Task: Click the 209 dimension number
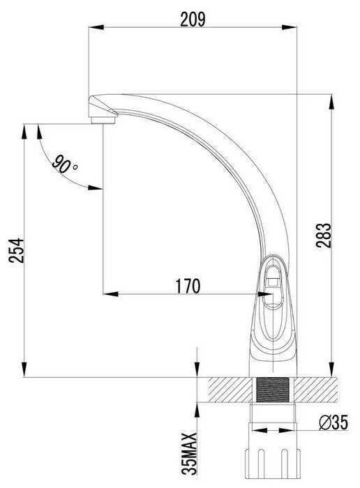click(193, 20)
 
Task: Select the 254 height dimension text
click(16, 250)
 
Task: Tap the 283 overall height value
click(323, 235)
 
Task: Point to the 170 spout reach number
click(188, 286)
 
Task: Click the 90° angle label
click(64, 165)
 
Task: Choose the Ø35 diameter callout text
click(333, 422)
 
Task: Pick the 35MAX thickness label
click(189, 454)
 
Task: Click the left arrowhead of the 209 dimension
click(96, 27)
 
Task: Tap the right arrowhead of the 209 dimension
click(290, 27)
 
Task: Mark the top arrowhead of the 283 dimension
click(332, 102)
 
